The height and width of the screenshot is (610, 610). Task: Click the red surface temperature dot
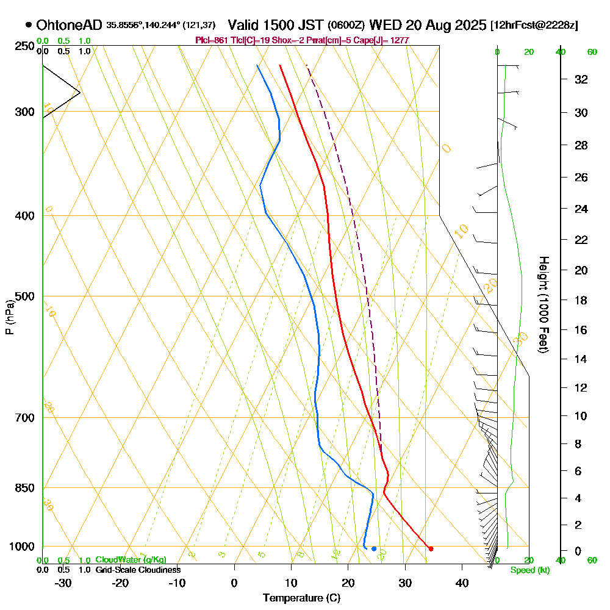431,549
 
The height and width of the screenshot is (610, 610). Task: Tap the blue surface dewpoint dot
374,549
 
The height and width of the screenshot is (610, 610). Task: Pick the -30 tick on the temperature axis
63,582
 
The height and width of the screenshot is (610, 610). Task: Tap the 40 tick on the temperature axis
462,582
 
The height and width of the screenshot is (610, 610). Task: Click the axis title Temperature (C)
301,598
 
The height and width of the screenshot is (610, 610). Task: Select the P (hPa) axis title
10,317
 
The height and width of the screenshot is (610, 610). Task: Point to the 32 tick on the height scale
581,79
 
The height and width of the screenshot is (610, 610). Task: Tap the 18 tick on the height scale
581,300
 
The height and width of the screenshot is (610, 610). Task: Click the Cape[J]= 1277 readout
388,40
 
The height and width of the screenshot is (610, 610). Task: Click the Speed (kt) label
530,570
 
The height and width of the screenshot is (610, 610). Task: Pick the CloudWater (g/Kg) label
131,560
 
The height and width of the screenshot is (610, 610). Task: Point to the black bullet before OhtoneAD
29,25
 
